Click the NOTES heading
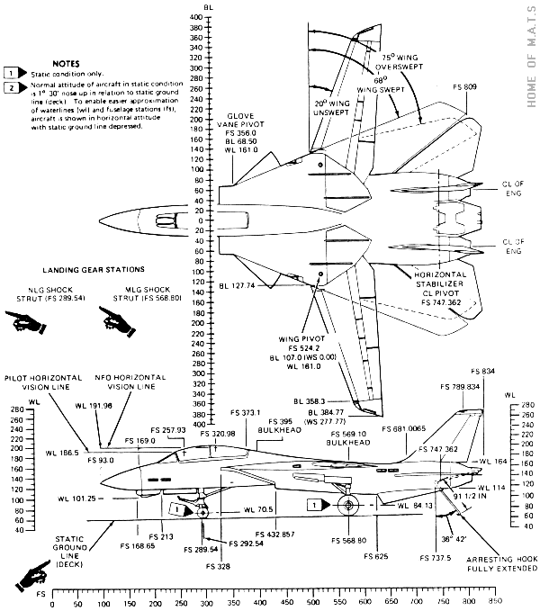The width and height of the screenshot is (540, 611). coord(66,64)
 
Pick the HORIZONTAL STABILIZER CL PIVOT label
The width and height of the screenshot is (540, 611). coord(447,286)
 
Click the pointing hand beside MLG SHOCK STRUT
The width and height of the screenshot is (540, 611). coord(114,316)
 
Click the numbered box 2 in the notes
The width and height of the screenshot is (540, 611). coord(11,87)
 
